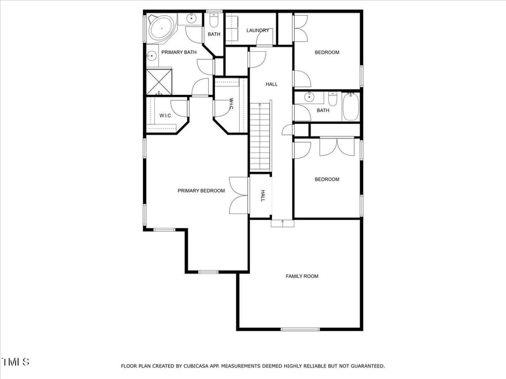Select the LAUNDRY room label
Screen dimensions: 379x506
(x=258, y=30)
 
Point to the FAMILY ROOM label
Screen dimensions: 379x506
(x=302, y=276)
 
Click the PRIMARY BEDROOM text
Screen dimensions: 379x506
(x=201, y=191)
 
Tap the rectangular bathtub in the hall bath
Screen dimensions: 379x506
(x=351, y=107)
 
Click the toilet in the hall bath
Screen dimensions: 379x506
(x=333, y=99)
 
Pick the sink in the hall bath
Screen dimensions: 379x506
(x=309, y=97)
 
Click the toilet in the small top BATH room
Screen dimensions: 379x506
(x=214, y=20)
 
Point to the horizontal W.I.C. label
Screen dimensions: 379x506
(x=166, y=116)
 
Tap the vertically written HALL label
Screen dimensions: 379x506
(x=262, y=196)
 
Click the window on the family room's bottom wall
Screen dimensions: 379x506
(x=300, y=329)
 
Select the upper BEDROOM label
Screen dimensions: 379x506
(x=327, y=52)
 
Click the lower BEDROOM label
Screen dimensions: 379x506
(x=327, y=179)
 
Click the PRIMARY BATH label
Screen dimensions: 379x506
(x=178, y=52)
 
